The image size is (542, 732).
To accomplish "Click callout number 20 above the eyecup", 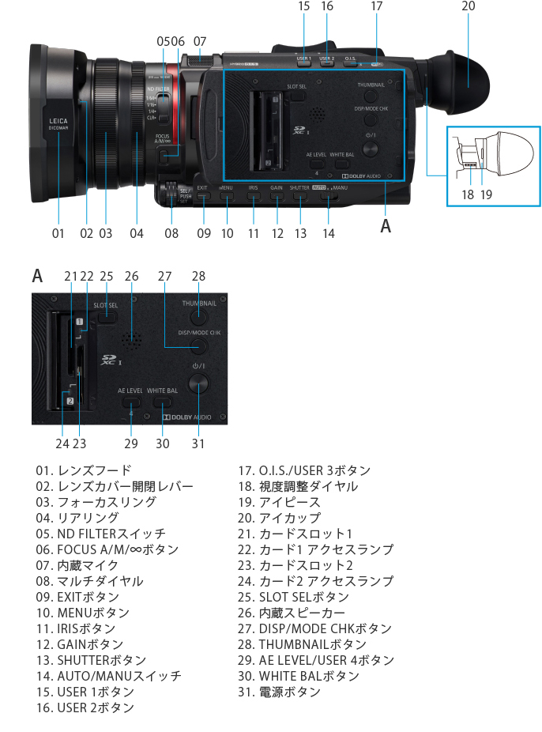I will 469,7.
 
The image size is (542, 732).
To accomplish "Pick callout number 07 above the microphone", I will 200,40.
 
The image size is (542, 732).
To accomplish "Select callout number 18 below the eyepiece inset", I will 468,194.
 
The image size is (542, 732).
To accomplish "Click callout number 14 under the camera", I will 329,233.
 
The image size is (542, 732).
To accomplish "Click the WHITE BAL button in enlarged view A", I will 162,401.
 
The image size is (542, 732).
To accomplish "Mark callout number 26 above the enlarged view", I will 131,276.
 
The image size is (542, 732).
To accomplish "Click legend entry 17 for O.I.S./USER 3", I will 304,470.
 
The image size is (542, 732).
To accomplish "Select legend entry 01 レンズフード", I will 83,470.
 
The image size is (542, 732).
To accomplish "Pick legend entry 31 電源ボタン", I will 280,692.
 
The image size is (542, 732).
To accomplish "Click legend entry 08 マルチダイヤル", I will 89,581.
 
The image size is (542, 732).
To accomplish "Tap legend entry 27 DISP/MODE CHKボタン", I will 314,628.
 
